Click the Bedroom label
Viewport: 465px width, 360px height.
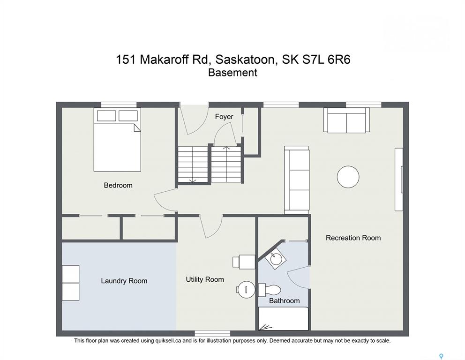118,185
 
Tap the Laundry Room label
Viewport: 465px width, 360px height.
124,281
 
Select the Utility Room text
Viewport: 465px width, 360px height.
205,279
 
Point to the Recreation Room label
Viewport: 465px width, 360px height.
353,238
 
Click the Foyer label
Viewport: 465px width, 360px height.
224,117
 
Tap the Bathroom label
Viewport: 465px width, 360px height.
285,300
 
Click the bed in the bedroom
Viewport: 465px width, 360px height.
117,139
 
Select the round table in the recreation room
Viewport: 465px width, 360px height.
348,177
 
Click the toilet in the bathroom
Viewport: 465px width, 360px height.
269,290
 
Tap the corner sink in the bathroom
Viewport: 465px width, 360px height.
276,259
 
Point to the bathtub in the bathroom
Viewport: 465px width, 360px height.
284,318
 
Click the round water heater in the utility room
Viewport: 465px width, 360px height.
246,290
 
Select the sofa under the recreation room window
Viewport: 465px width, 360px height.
346,120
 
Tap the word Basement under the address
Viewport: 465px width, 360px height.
232,73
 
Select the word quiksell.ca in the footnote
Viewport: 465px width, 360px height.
168,341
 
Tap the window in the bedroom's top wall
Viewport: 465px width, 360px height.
119,105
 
